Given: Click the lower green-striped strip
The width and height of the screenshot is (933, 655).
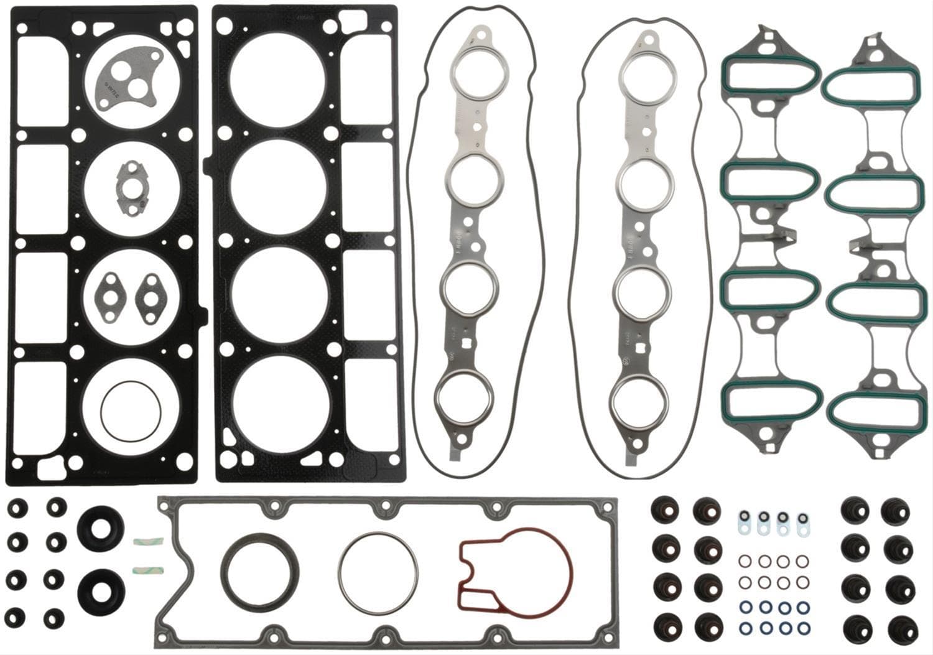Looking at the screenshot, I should coord(147,569).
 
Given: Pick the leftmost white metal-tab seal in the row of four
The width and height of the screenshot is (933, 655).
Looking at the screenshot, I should coord(744,522).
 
